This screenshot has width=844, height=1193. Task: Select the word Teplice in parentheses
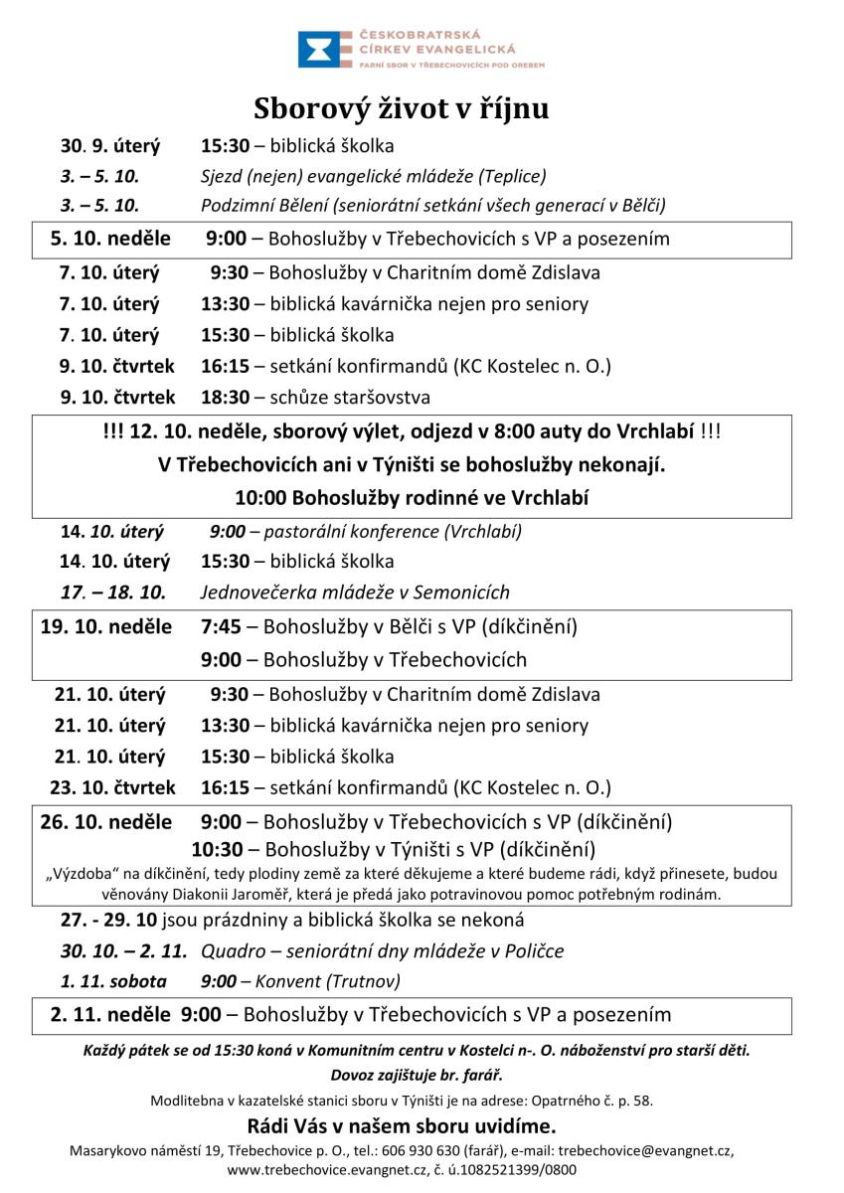coord(512,177)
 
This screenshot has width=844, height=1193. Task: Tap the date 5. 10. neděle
coord(110,239)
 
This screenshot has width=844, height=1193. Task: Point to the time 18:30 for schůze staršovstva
coord(225,398)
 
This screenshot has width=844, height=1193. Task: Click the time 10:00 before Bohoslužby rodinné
coord(256,498)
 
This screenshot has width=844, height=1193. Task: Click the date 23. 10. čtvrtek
coord(112,787)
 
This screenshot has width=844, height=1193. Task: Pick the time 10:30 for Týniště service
coord(218,849)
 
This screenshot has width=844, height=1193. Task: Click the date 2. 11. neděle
coord(110,1015)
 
